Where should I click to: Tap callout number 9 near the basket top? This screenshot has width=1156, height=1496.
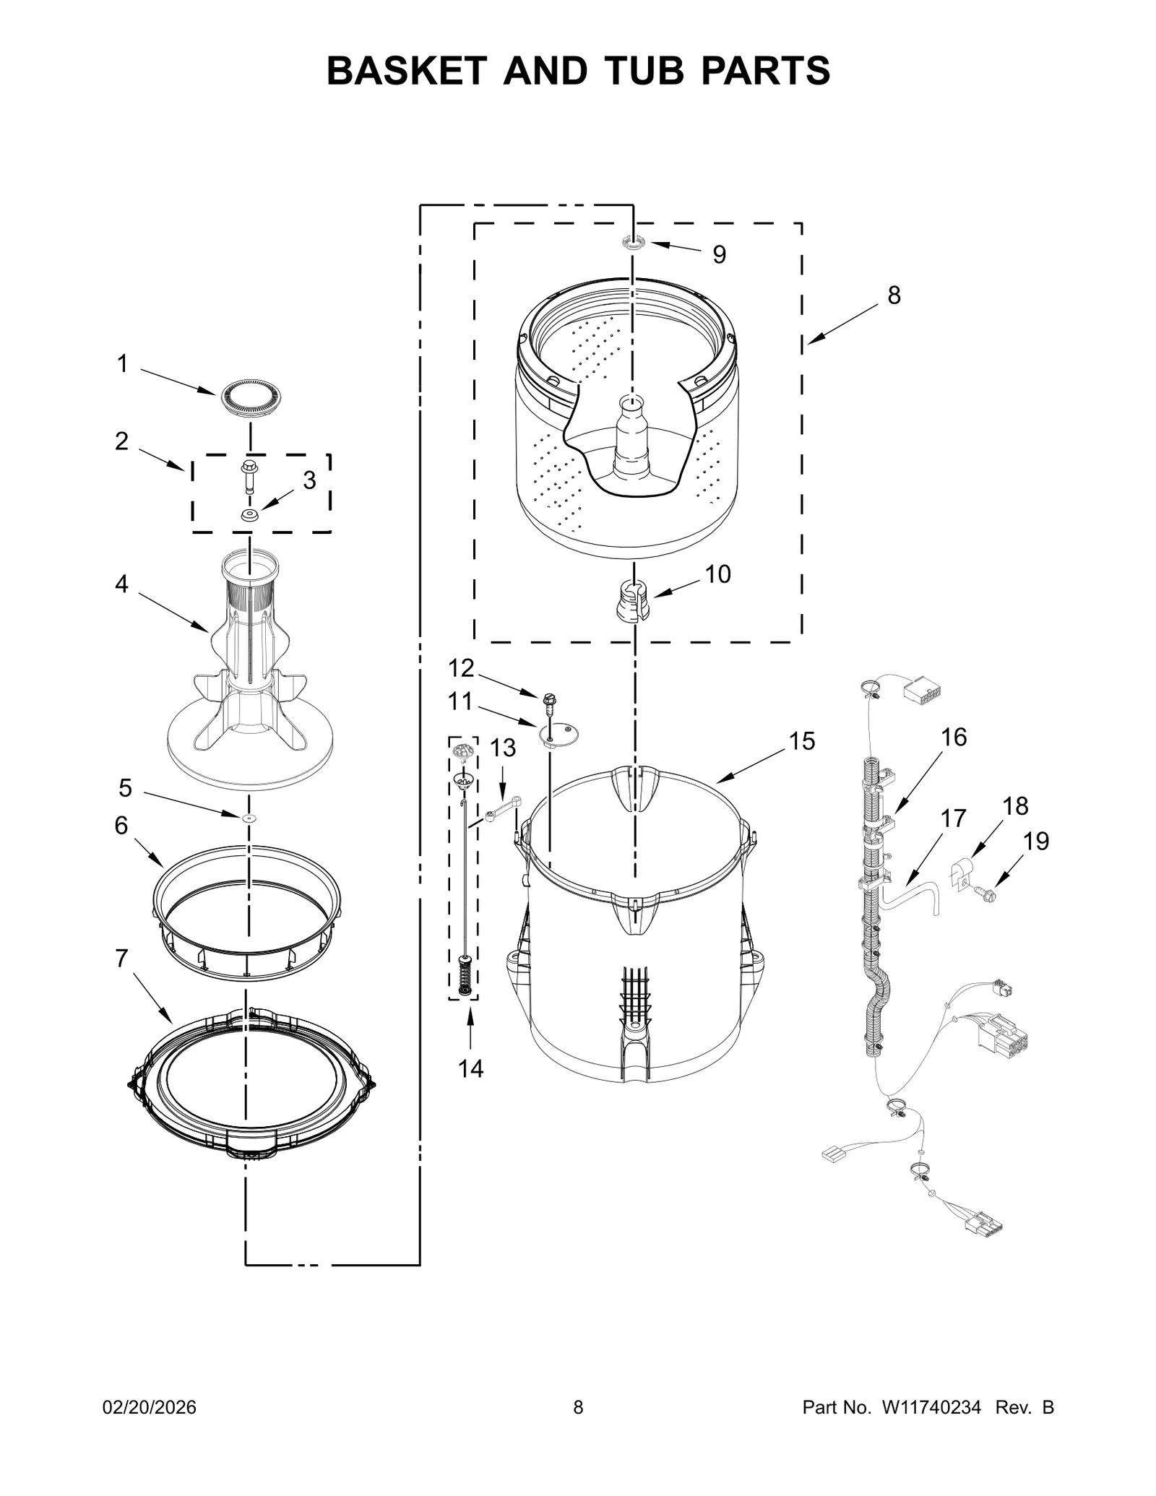point(719,254)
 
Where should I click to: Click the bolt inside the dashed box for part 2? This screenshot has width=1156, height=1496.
point(249,475)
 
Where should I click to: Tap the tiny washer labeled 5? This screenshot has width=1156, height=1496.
point(249,817)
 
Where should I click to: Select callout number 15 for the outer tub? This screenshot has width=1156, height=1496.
point(801,741)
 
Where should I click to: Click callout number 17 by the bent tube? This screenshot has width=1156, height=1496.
point(953,818)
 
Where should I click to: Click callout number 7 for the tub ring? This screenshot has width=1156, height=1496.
point(121,959)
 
